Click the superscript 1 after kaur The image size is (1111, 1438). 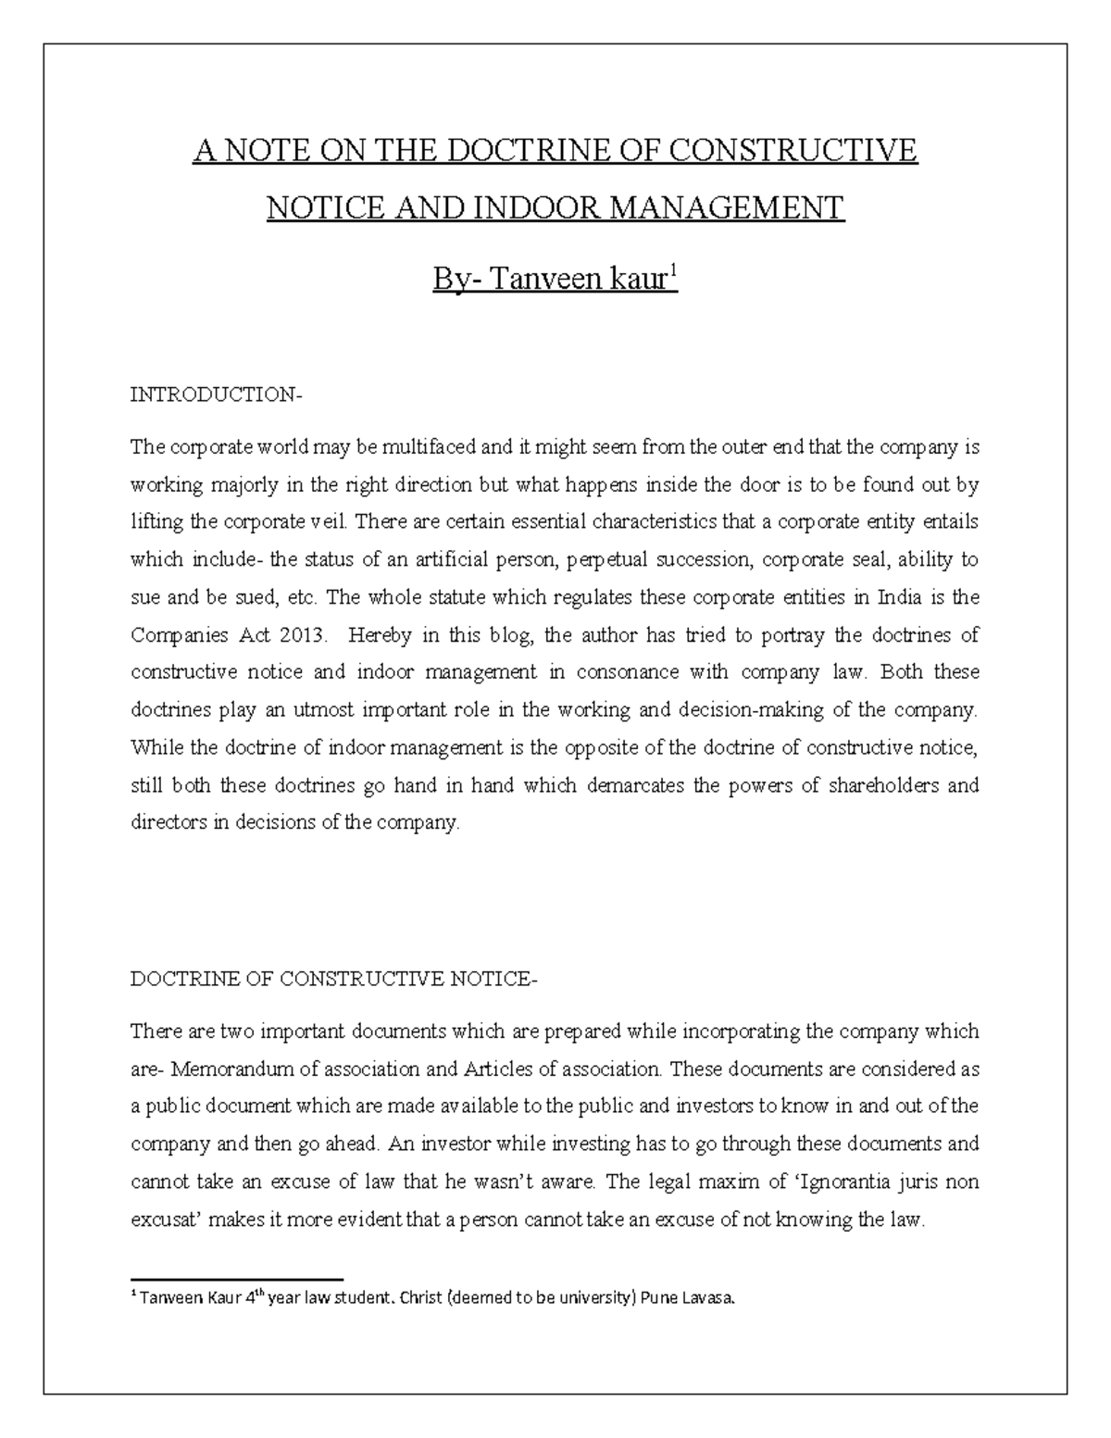pos(674,270)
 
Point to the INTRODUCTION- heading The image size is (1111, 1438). pos(216,395)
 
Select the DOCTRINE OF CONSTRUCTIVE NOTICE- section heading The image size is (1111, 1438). pos(332,979)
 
